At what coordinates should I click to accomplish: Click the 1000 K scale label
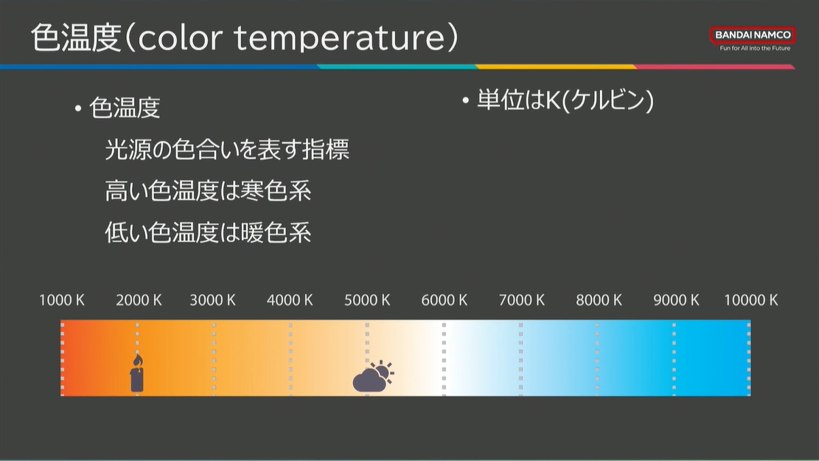pyautogui.click(x=62, y=300)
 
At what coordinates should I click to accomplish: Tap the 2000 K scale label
pyautogui.click(x=139, y=300)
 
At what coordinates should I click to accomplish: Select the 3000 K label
pyautogui.click(x=212, y=300)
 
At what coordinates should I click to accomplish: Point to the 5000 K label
pyautogui.click(x=367, y=300)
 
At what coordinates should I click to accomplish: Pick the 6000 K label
pyautogui.click(x=445, y=300)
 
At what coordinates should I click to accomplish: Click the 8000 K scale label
pyautogui.click(x=599, y=300)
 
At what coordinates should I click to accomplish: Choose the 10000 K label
pyautogui.click(x=751, y=300)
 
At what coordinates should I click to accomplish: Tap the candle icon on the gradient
pyautogui.click(x=137, y=373)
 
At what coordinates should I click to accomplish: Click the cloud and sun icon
pyautogui.click(x=373, y=376)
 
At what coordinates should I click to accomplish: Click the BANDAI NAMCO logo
pyautogui.click(x=753, y=35)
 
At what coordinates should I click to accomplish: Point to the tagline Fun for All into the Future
pyautogui.click(x=755, y=48)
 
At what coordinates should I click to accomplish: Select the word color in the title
pyautogui.click(x=180, y=38)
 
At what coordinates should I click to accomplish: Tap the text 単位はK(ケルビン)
pyautogui.click(x=565, y=100)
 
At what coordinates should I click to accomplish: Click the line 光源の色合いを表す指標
pyautogui.click(x=227, y=150)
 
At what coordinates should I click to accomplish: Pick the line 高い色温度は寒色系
pyautogui.click(x=208, y=191)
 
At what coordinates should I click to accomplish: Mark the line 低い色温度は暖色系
pyautogui.click(x=208, y=232)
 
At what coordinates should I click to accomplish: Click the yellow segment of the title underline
pyautogui.click(x=556, y=67)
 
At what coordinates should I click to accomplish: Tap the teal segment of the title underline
pyautogui.click(x=397, y=67)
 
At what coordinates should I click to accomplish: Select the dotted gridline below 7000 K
pyautogui.click(x=520, y=358)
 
